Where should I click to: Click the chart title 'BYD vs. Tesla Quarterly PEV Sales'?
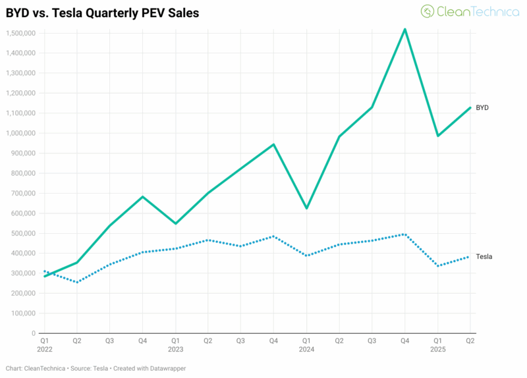coord(102,13)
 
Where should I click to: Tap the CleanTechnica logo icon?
coord(428,11)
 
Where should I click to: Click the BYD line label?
coord(482,107)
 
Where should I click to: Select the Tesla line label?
coord(484,256)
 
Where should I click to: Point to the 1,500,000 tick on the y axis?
coord(20,33)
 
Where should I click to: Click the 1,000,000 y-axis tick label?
coord(20,133)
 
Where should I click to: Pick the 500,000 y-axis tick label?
coord(23,233)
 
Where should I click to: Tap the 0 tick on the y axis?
coord(34,333)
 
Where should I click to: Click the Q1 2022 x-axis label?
coord(43,345)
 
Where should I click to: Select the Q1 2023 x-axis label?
coord(175,345)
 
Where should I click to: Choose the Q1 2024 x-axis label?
coord(306,345)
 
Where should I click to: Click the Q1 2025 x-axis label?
coord(437,345)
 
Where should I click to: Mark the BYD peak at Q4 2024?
coord(404,29)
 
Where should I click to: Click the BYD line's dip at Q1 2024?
coord(306,208)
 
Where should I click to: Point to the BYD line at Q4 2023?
coord(273,144)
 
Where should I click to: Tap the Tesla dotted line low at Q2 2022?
coord(76,283)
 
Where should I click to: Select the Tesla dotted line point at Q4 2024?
coord(404,234)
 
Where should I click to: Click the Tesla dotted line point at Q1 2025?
coord(437,266)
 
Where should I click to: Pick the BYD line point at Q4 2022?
coord(142,196)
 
